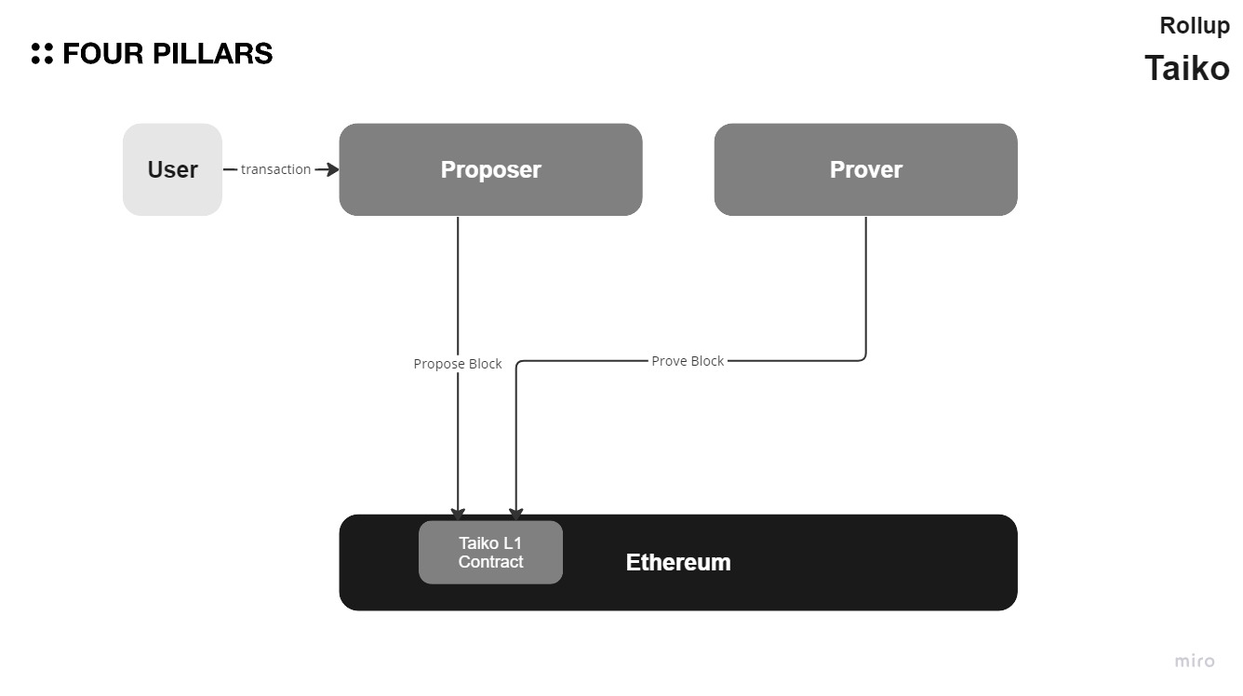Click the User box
pos(172,169)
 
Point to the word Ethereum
pos(677,563)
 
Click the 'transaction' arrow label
pos(275,169)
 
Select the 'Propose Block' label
pos(457,364)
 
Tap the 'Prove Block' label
pos(688,361)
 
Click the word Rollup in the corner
pos(1194,26)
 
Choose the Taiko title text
pos(1186,68)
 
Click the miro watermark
pos(1194,662)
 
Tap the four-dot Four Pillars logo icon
pos(42,54)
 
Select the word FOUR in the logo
pos(102,54)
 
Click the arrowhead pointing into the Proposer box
pos(331,169)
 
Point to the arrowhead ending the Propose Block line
pos(458,514)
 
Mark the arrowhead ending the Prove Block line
pos(515,514)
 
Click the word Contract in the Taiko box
pos(490,562)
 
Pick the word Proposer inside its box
pos(490,169)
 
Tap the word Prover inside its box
pos(865,169)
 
